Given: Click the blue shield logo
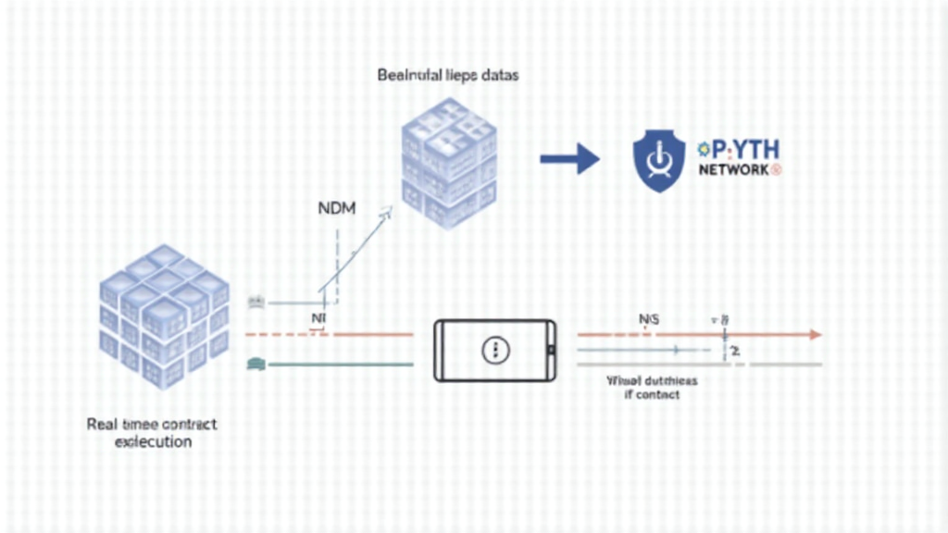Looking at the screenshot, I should coord(658,160).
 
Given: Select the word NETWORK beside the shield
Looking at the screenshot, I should coord(734,171).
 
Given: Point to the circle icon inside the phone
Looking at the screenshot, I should coord(496,350).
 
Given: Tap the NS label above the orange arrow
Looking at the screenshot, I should coord(649,319).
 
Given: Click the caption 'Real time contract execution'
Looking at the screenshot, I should coord(153,432).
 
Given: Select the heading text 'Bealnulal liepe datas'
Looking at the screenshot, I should coord(447,75).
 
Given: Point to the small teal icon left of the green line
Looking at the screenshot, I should coord(255,365).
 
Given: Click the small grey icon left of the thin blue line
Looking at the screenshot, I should coord(256,302).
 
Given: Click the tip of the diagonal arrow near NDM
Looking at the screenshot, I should coord(389,212).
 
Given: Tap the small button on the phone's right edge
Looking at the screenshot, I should coord(551,350).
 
